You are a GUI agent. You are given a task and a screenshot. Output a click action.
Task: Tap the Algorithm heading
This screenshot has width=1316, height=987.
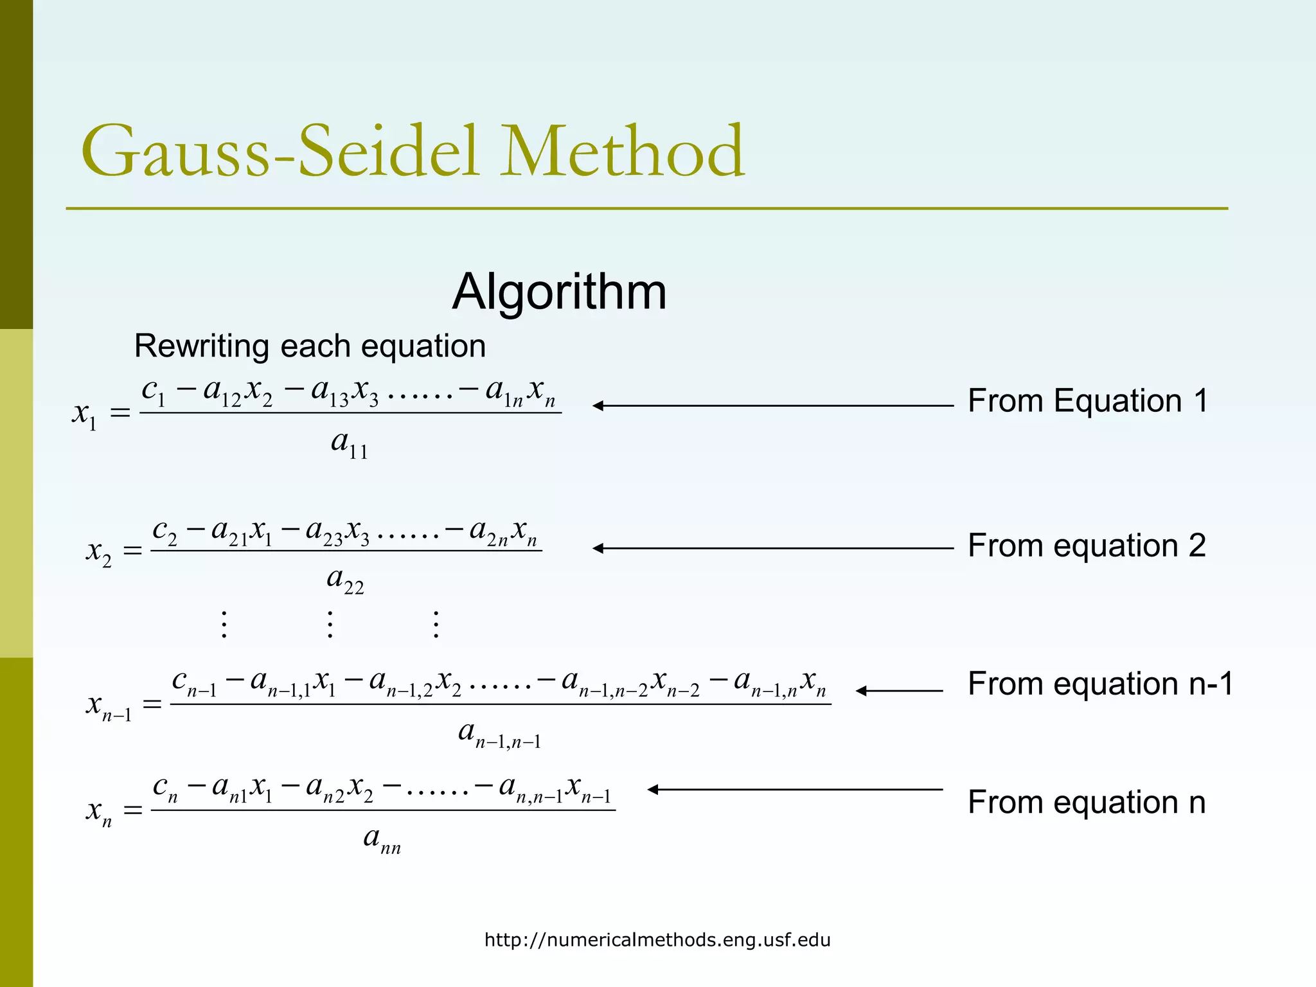point(559,292)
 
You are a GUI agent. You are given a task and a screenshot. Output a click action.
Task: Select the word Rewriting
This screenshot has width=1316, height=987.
point(202,346)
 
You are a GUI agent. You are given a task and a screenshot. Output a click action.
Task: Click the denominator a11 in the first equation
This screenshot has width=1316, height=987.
point(350,444)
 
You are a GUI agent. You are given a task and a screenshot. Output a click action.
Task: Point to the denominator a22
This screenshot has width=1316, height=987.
point(345,580)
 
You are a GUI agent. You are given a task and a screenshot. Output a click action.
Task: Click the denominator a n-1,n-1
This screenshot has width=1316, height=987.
point(499,734)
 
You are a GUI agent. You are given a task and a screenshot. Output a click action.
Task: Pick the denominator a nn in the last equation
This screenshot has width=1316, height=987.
point(382,839)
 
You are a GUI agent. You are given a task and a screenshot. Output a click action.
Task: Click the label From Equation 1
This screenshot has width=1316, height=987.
point(1088,401)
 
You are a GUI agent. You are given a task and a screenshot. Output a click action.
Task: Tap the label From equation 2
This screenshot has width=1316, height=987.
point(1087,546)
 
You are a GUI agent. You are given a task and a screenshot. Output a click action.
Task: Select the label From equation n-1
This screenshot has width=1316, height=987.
point(1101,684)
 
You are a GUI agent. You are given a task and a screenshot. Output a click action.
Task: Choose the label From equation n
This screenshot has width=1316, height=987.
point(1087,803)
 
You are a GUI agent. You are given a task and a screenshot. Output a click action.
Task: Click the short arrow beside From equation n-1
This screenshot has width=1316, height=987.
point(899,691)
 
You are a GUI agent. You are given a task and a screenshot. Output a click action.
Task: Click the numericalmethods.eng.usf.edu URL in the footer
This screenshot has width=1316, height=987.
point(657,940)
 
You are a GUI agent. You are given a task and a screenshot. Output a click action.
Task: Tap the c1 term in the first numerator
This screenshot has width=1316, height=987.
point(154,391)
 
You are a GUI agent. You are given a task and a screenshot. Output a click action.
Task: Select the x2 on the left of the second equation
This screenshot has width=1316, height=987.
point(99,552)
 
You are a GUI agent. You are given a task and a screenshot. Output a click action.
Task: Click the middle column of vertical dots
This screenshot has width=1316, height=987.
point(330,624)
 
